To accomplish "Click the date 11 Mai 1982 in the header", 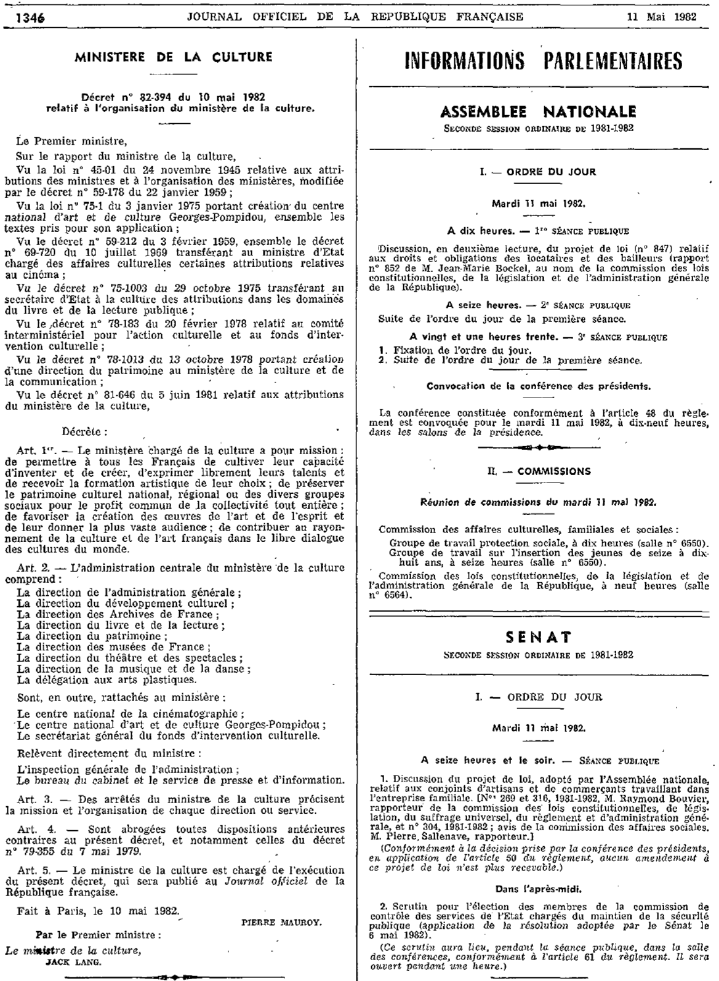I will [x=661, y=17].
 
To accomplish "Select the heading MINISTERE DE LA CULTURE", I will [x=173, y=57].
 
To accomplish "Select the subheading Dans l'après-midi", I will [x=537, y=889].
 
